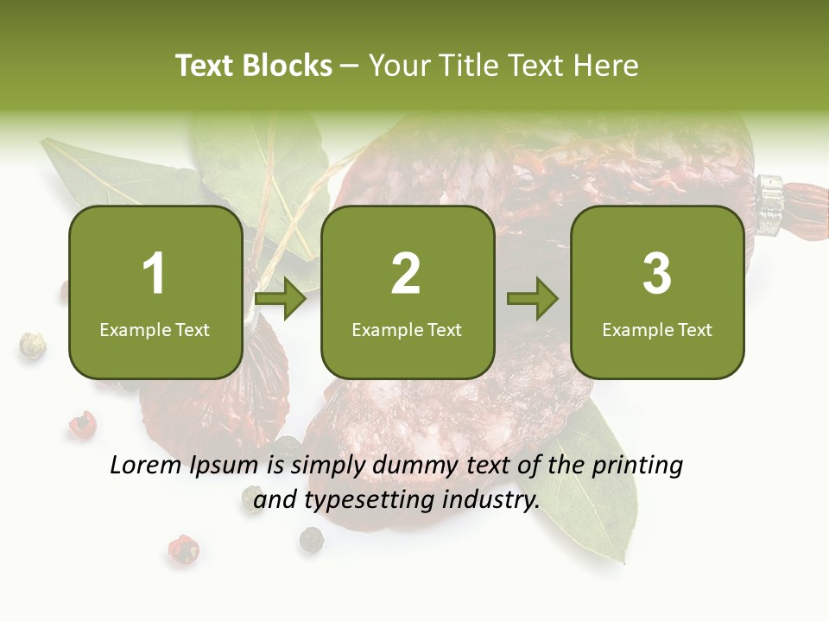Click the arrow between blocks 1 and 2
tap(281, 300)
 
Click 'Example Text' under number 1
tap(155, 329)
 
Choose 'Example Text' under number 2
tap(407, 329)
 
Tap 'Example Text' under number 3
tap(657, 329)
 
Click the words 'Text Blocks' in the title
tap(254, 66)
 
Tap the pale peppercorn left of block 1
tap(33, 346)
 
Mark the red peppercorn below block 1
tap(82, 423)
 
